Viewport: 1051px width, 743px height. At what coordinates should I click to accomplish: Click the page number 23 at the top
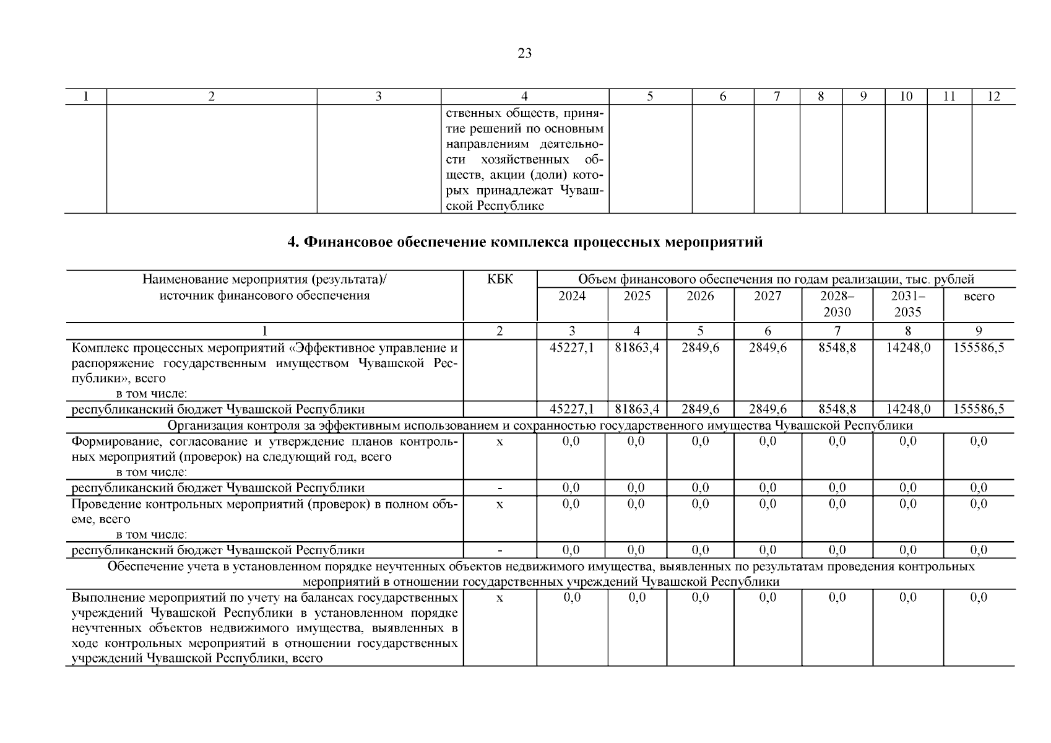524,53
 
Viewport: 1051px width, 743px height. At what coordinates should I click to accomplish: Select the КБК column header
500,279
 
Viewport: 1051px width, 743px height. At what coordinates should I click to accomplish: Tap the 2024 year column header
571,296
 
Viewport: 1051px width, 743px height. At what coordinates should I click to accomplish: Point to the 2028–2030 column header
837,303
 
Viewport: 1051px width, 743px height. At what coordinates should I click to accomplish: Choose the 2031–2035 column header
907,303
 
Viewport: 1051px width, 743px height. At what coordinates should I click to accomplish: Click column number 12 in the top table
993,97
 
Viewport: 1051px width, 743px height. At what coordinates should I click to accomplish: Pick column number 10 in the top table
906,97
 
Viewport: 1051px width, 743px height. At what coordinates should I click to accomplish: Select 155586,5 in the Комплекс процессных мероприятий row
979,347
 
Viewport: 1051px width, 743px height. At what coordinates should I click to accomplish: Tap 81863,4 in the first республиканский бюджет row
637,409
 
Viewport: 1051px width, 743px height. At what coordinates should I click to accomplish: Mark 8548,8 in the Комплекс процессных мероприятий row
837,347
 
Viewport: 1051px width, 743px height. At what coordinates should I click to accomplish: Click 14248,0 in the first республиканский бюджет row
907,409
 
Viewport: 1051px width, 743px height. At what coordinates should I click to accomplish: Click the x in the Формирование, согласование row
500,442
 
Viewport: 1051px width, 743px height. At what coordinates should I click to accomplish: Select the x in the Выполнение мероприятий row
500,597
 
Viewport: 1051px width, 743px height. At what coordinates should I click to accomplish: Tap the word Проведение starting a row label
102,504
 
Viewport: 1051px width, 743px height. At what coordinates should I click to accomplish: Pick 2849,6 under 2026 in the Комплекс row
700,347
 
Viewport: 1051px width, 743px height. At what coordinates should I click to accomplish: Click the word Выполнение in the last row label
103,597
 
